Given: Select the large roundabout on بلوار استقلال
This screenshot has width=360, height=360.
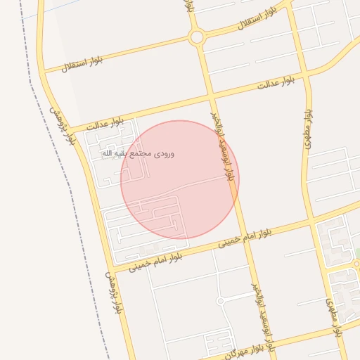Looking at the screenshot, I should [x=197, y=37].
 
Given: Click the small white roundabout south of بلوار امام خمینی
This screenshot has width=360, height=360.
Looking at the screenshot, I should [x=220, y=301].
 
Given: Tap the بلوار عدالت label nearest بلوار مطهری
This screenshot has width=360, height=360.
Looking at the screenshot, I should [x=281, y=83].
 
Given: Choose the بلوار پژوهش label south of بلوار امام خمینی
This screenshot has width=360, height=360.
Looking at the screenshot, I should [x=114, y=292].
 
